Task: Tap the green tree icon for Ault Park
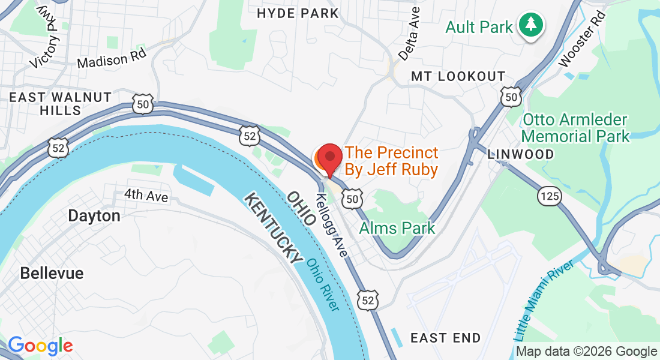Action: (531, 26)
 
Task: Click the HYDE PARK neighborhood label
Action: (298, 13)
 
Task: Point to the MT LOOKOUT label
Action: (458, 76)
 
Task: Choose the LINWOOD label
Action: (521, 154)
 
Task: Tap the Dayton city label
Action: (94, 216)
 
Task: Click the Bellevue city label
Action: (52, 273)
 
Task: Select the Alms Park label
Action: (397, 228)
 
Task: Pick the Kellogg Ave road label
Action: (331, 226)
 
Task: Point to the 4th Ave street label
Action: (146, 196)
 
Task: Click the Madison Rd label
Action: (112, 59)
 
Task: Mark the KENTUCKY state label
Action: (274, 228)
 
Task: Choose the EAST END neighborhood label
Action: (445, 338)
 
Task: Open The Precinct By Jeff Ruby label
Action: (391, 161)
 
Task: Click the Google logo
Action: (40, 346)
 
